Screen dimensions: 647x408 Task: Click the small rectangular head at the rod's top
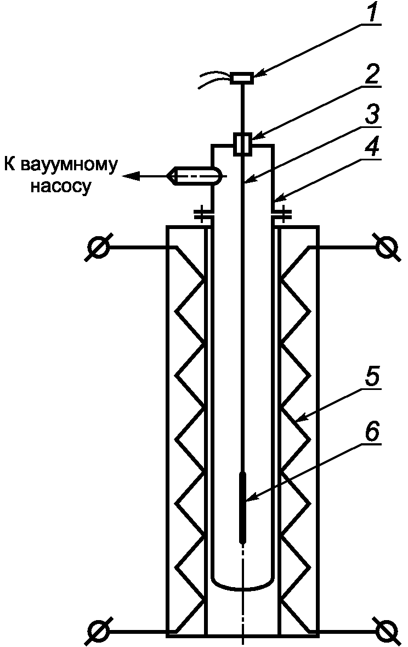point(242,79)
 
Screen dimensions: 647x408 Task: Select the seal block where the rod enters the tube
point(242,144)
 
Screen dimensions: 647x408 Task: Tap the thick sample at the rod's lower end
point(242,505)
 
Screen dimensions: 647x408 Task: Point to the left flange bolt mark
point(202,215)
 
